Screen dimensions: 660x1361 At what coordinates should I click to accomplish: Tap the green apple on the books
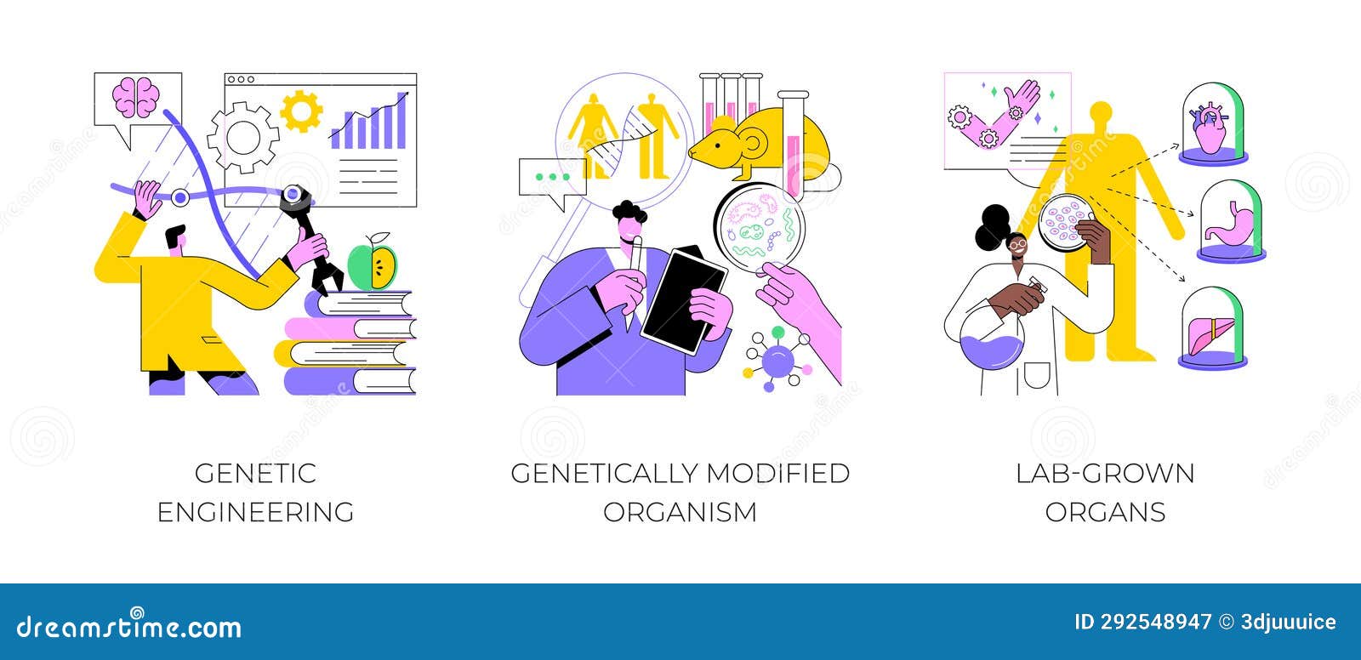point(372,266)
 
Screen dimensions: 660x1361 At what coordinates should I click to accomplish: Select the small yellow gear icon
point(301,111)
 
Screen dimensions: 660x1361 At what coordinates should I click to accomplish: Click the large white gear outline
point(243,136)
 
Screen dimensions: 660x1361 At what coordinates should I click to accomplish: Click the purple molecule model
point(775,361)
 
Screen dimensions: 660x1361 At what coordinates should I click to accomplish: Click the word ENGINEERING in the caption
point(256,512)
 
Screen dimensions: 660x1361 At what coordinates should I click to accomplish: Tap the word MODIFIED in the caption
point(771,473)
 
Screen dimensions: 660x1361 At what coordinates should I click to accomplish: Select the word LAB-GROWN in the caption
point(1105,473)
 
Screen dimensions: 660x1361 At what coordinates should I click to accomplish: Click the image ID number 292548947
point(1143,623)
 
